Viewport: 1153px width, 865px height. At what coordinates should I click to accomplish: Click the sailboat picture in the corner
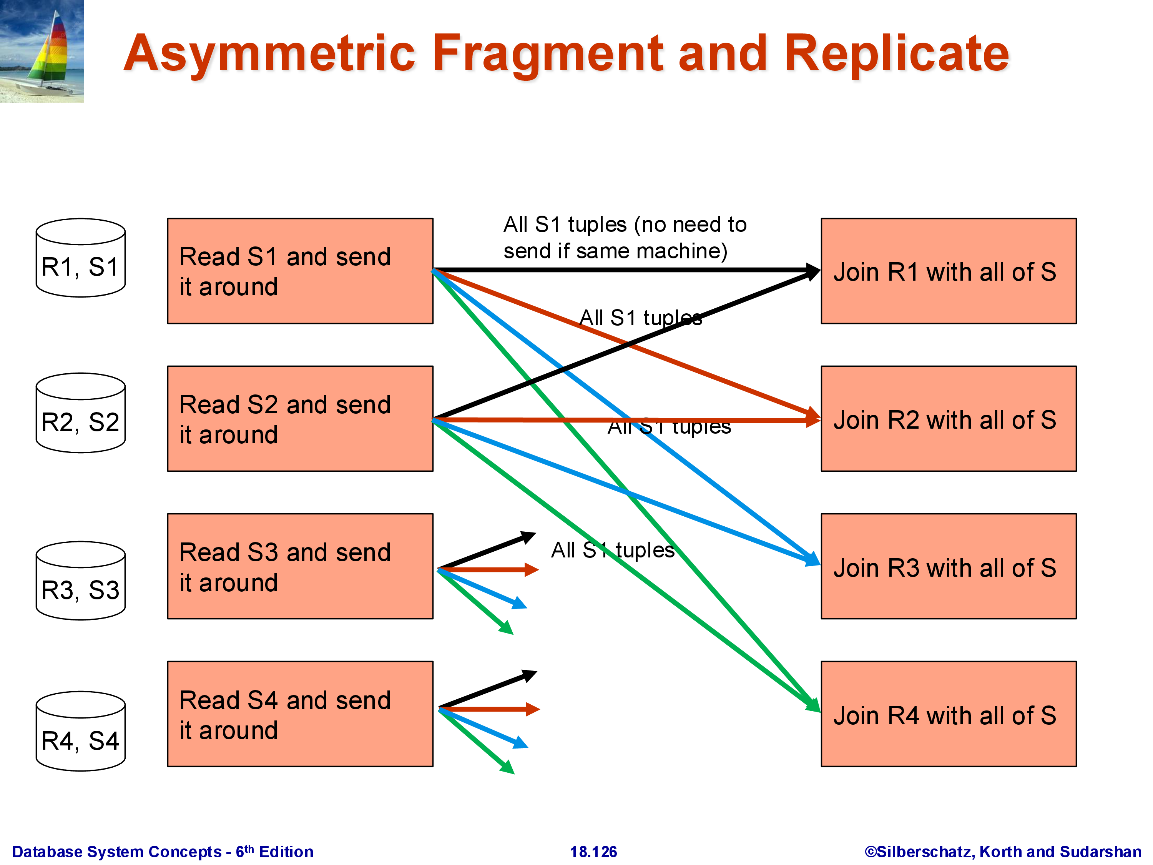[42, 51]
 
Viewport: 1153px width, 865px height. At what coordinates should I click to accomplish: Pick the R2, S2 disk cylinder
[80, 413]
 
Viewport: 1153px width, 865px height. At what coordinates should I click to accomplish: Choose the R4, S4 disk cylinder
[80, 731]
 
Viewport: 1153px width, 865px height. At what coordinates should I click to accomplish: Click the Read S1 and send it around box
[300, 271]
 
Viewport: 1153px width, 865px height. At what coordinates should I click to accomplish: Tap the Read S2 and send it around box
[300, 419]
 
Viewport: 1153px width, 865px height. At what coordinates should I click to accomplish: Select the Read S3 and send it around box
[300, 566]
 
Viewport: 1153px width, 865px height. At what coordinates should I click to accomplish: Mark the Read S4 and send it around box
[300, 714]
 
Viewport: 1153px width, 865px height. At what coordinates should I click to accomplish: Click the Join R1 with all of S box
[948, 271]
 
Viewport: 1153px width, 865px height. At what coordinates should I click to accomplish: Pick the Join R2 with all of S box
[948, 419]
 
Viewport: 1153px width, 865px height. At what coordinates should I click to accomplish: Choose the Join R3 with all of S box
[948, 566]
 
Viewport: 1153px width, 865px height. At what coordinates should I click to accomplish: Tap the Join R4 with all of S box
[948, 714]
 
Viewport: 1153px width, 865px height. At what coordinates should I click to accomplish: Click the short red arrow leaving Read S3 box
[490, 569]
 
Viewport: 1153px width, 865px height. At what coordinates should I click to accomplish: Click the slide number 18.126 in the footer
[593, 852]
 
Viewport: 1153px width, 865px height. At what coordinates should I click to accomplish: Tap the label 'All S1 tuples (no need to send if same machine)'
[625, 238]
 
